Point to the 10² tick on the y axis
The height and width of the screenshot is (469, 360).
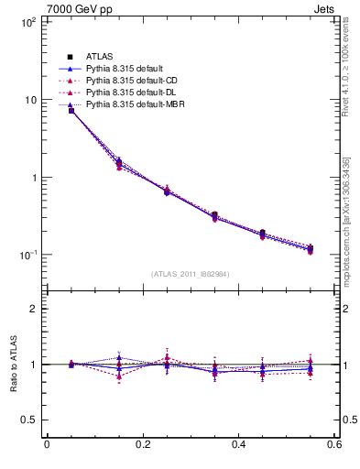(27, 22)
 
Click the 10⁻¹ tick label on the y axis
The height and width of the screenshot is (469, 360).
(27, 254)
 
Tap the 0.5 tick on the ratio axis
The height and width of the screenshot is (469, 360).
(28, 420)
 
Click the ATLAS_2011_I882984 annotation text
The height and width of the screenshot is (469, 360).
(191, 274)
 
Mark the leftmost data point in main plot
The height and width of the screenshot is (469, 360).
(71, 110)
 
